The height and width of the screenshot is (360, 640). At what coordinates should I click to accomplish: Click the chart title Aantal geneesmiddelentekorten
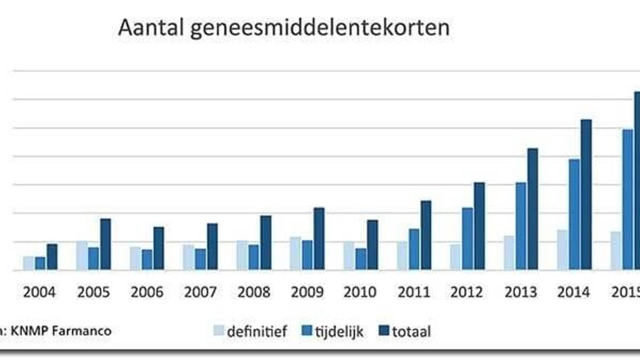click(x=284, y=28)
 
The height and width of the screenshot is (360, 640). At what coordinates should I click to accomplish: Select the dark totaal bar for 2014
click(x=586, y=194)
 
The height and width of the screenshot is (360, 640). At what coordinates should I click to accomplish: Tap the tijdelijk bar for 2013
click(x=521, y=226)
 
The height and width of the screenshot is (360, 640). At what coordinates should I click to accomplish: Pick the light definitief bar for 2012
click(x=456, y=257)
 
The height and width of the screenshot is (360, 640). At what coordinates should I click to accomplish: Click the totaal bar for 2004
click(x=52, y=257)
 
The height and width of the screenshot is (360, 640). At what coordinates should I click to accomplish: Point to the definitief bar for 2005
click(x=82, y=255)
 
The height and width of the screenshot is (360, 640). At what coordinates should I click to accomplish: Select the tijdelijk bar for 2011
click(x=414, y=249)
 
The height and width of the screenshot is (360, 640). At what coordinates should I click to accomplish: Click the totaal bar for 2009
click(x=319, y=239)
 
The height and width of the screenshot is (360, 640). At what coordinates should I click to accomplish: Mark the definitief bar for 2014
click(x=562, y=249)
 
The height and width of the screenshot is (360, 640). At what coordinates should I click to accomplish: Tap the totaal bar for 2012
click(x=479, y=226)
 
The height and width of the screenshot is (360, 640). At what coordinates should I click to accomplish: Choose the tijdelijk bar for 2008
click(x=254, y=257)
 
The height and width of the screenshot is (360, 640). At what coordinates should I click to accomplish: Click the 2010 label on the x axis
click(x=361, y=292)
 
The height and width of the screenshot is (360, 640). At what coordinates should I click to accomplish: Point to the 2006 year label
click(x=147, y=292)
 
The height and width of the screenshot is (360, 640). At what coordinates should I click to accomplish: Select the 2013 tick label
click(x=520, y=292)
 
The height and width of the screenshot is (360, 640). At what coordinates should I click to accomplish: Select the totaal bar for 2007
click(x=212, y=246)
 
